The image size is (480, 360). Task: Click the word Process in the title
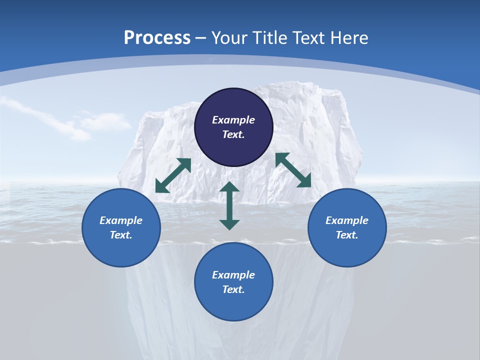(x=157, y=38)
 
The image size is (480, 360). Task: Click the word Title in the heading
(x=271, y=38)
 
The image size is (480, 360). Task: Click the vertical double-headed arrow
(x=229, y=205)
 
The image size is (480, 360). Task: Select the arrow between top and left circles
(x=173, y=175)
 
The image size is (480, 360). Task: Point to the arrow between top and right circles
(x=293, y=170)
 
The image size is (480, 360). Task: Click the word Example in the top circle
(x=233, y=120)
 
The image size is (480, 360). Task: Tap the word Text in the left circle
(x=121, y=235)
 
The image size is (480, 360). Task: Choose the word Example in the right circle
(x=347, y=220)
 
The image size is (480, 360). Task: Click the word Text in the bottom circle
(x=233, y=289)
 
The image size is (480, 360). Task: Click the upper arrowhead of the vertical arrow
(x=229, y=187)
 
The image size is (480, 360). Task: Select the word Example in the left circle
(x=121, y=220)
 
